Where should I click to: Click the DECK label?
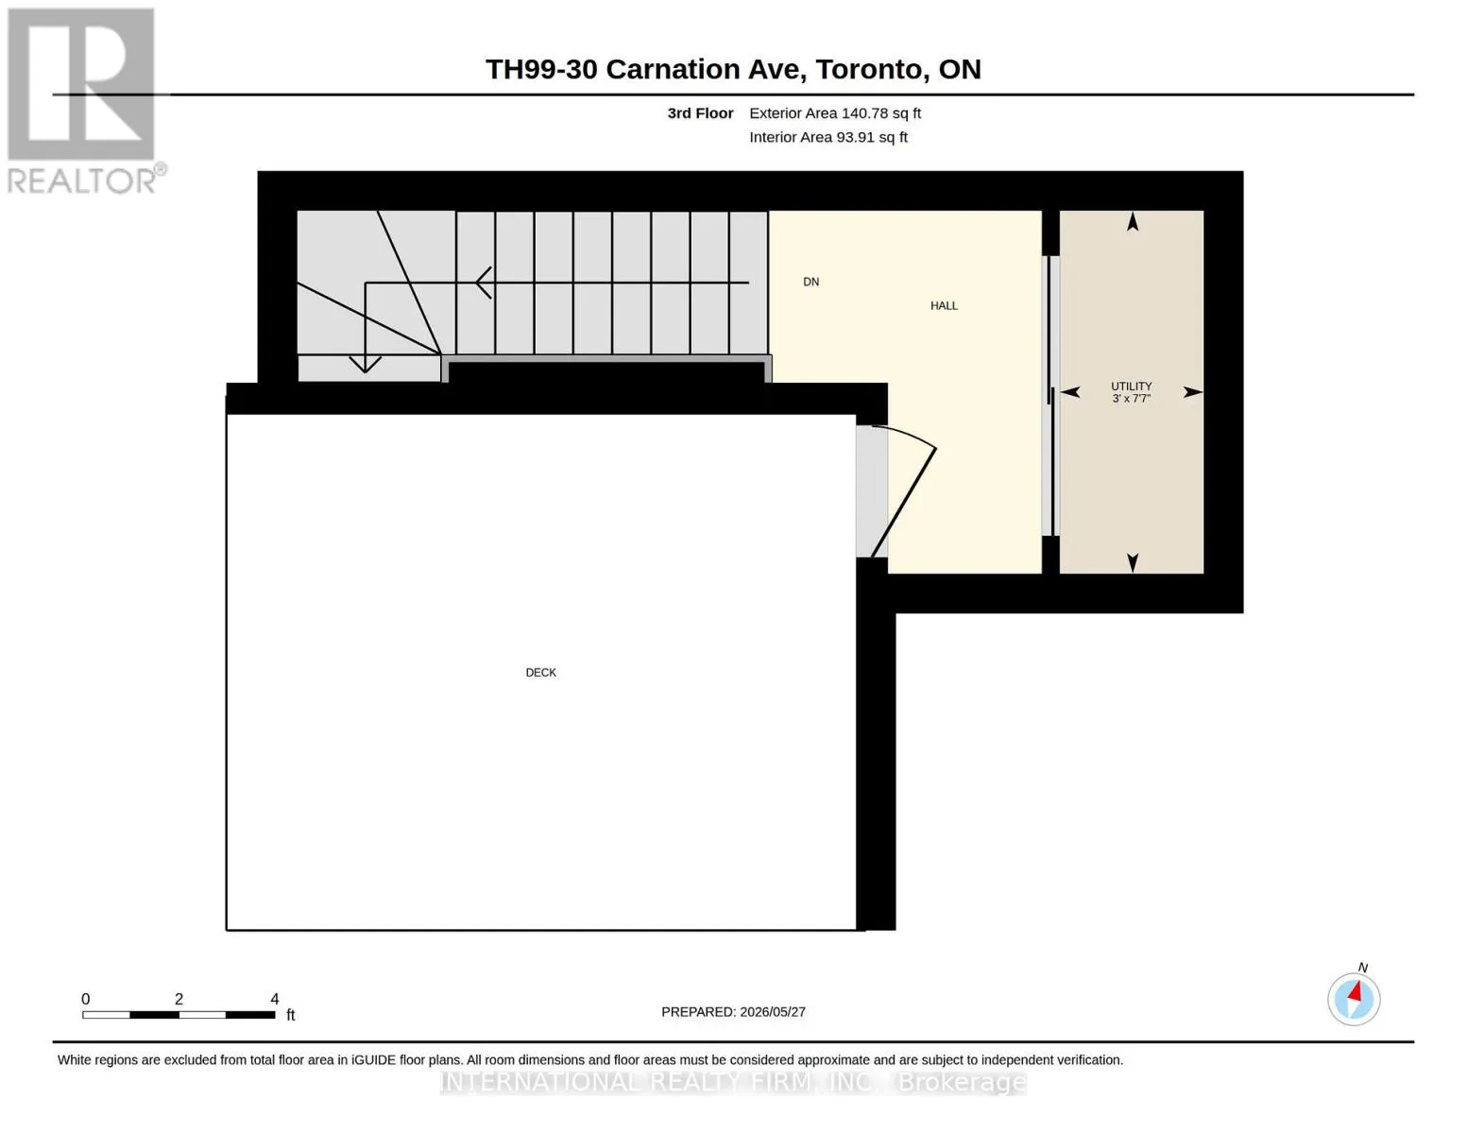540,672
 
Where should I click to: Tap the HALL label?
943,305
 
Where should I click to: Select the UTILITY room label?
1131,386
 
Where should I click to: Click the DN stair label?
810,282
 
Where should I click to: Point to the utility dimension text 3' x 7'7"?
1131,399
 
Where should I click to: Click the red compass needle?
1355,992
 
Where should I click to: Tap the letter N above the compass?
1362,968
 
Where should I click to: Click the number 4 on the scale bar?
274,999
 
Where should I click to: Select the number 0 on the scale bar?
86,999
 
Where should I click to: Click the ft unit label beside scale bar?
290,1014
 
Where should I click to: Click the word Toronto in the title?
868,69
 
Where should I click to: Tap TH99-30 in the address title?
541,69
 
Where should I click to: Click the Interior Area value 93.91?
855,137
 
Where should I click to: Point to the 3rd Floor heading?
700,112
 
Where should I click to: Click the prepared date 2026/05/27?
773,1012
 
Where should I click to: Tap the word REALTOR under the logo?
81,181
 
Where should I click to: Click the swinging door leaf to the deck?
903,503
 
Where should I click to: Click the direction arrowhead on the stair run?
484,283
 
